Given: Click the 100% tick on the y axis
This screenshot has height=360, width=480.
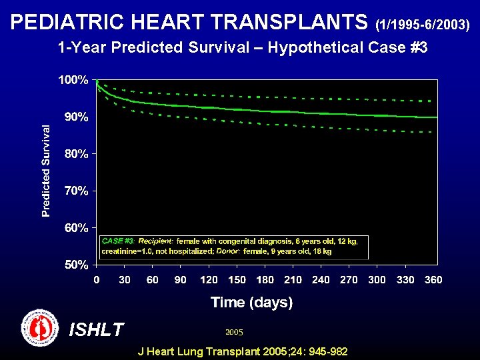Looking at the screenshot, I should (73, 80).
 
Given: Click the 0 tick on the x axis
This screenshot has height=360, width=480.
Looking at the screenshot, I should (97, 280).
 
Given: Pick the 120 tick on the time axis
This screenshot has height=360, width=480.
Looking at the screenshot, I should (209, 280).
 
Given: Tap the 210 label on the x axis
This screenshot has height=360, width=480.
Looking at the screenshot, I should (293, 280).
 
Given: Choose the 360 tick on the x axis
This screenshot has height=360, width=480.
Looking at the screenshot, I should (433, 280).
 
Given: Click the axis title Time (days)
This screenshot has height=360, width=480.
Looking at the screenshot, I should (251, 303).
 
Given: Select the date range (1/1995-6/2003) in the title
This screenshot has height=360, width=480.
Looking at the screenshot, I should (423, 26).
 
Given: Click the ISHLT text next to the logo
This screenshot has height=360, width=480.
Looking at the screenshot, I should (96, 329).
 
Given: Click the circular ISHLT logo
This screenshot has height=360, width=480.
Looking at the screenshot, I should (40, 327).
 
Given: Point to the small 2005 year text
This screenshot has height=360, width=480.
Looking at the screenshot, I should (234, 331).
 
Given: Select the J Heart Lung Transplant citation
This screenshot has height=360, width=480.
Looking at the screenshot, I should (242, 351).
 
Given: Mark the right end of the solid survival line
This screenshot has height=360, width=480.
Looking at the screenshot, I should (437, 117).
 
